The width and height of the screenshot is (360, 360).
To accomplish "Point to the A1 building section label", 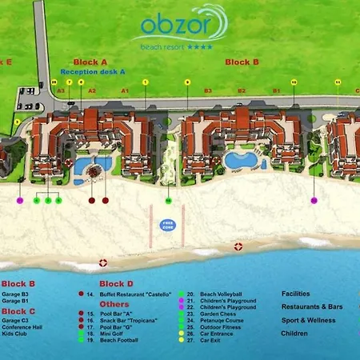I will [x=125, y=91].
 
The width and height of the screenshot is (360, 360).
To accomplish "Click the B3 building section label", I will [x=207, y=91].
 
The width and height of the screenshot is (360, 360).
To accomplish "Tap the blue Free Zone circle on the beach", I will [x=167, y=225].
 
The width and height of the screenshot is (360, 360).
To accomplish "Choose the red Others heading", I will [x=114, y=304].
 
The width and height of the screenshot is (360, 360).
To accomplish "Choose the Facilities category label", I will [x=296, y=294].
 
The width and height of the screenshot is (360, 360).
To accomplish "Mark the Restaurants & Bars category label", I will [x=312, y=306].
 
